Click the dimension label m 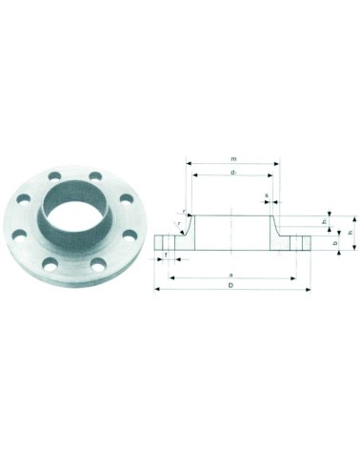(x=233, y=158)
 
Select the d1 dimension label (x=233, y=172)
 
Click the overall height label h (x=350, y=232)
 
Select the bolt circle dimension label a (x=231, y=274)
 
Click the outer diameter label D (x=231, y=285)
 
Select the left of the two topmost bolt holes (x=51, y=177)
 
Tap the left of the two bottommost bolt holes (x=48, y=256)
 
